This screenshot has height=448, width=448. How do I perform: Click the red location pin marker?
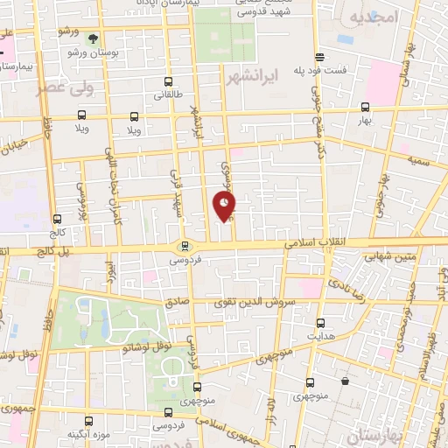pos(225,206)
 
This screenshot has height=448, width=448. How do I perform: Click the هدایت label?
pos(319,337)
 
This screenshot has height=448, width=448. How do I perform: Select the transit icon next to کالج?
pos(58,220)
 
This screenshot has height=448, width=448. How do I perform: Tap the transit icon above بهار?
pos(365,107)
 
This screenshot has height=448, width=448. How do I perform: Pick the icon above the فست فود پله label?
pos(321,57)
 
